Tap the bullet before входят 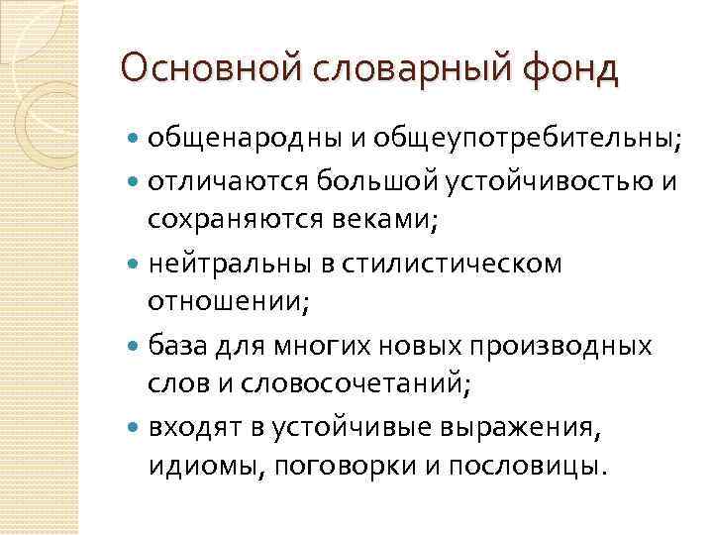(135, 428)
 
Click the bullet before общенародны (135, 143)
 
